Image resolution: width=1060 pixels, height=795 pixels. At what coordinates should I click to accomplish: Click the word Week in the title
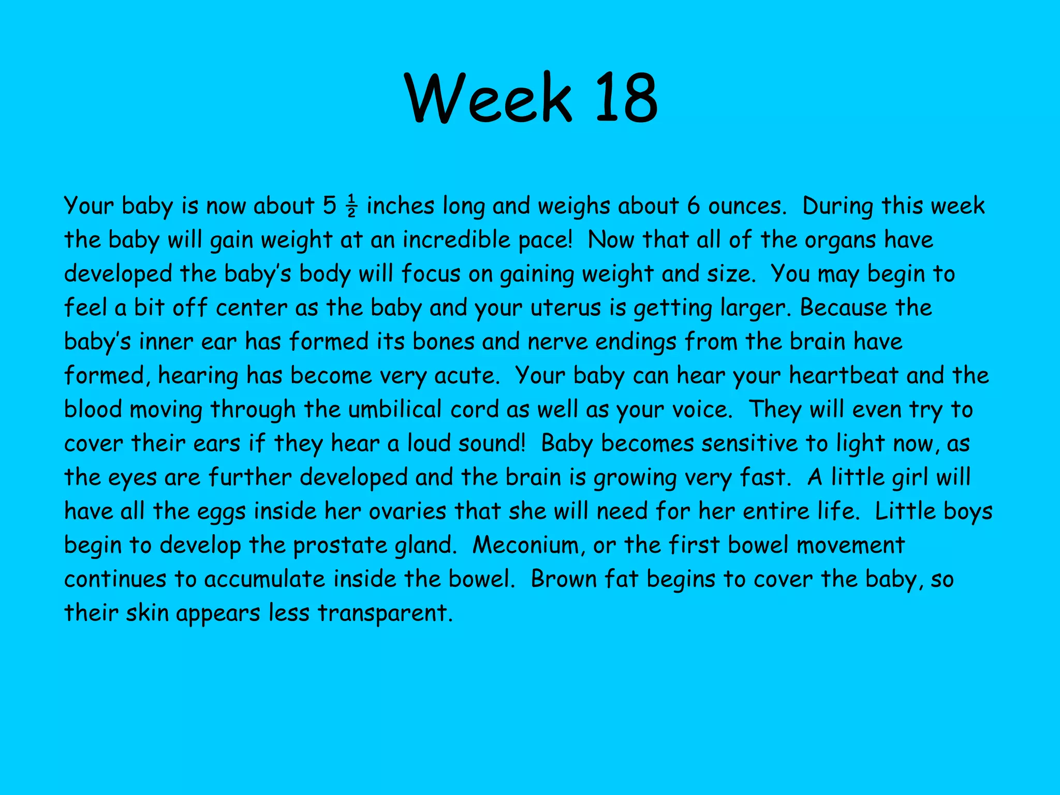tap(489, 98)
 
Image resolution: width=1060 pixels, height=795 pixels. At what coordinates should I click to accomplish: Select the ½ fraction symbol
tap(351, 207)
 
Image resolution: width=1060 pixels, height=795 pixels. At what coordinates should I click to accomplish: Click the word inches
tap(400, 207)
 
